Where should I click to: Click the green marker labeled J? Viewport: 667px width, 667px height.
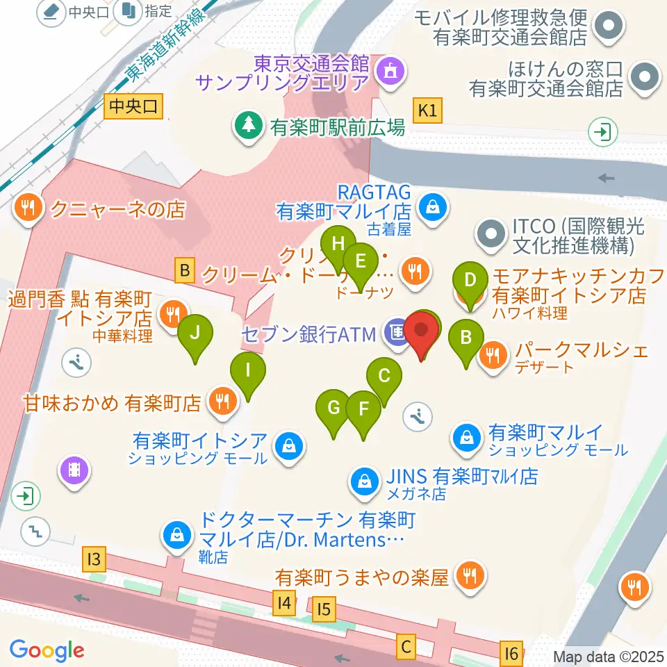[x=195, y=333]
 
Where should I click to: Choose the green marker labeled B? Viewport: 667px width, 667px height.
[x=467, y=339]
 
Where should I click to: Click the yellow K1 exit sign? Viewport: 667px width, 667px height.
[x=427, y=110]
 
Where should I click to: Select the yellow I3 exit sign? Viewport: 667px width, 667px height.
[x=95, y=558]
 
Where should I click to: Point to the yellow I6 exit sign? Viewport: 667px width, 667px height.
[x=511, y=653]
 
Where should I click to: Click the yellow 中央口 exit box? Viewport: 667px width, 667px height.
[x=135, y=107]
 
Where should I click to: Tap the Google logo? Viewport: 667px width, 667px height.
[x=47, y=650]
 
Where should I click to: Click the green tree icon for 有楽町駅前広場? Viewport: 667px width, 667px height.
[x=247, y=126]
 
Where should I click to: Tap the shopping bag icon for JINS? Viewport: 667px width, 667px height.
[x=363, y=479]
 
